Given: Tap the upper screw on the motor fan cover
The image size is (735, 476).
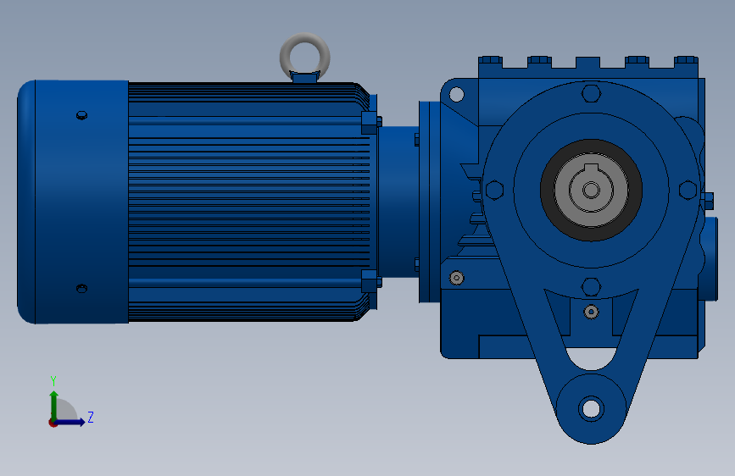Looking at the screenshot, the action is (x=81, y=115).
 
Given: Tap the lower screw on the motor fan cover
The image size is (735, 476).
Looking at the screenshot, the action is (x=81, y=288).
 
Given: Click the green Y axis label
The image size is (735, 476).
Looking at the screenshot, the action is (x=53, y=380).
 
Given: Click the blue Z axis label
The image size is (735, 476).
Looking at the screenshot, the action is (x=91, y=417).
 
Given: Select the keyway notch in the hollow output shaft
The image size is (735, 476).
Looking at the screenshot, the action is (x=591, y=169).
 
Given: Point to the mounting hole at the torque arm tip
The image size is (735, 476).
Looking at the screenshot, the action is (x=591, y=408).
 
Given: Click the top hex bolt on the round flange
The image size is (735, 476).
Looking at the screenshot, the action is (x=591, y=93).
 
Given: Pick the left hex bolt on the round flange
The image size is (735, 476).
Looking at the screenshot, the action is (x=494, y=191).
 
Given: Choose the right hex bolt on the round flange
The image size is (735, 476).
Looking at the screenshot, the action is (x=688, y=191).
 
